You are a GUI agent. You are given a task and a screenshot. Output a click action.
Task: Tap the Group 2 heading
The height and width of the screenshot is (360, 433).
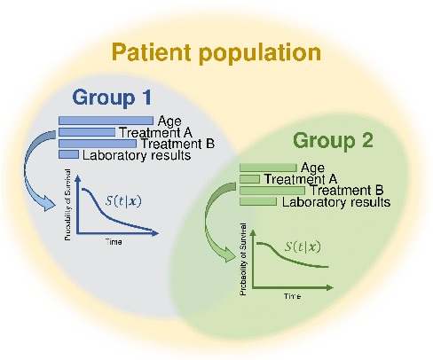coord(333,140)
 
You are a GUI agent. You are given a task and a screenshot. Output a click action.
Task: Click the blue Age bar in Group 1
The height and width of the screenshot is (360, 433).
coord(106,121)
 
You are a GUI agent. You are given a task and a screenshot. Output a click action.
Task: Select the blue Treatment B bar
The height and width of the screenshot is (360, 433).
coord(98,144)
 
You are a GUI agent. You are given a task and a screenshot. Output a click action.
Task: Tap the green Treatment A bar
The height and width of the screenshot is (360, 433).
coord(249,178)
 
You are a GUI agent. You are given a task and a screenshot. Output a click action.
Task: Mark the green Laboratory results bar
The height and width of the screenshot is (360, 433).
coord(258,201)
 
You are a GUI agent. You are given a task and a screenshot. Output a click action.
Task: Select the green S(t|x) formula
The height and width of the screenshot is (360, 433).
coord(303,247)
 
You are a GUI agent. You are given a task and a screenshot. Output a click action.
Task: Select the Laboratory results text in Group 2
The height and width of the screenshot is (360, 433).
coord(335,202)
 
